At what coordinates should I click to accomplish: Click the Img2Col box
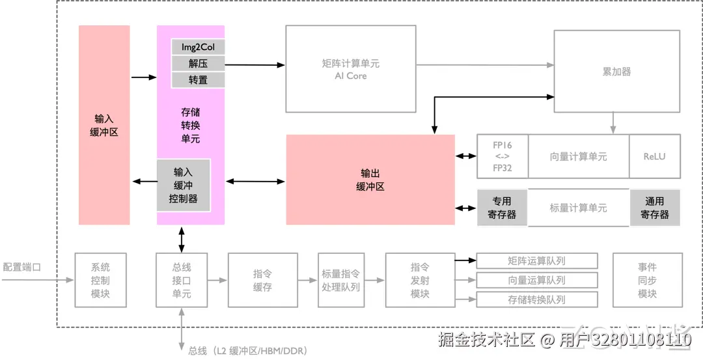198,47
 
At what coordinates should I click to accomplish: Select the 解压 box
198,63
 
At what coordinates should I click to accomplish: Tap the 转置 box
198,80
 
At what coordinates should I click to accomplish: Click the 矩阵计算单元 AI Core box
351,68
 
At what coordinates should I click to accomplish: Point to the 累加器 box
617,71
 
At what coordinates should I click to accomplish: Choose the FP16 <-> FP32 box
503,156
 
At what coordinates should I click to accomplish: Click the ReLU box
655,156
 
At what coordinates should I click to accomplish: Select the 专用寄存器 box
502,208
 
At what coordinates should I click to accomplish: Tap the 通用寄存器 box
655,208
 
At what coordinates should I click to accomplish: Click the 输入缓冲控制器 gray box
184,185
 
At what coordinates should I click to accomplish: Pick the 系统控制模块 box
100,280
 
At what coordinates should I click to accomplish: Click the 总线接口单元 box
182,280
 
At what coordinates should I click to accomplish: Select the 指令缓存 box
263,280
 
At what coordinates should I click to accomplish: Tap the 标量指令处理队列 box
340,280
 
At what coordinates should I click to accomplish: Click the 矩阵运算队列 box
536,260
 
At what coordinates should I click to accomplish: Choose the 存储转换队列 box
536,299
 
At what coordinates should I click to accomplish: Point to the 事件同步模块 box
648,280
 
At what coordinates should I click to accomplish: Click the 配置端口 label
22,267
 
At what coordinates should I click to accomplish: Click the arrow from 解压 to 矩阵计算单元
255,65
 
